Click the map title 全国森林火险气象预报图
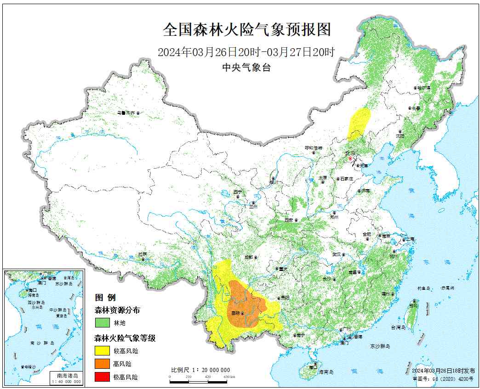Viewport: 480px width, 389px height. pos(247,30)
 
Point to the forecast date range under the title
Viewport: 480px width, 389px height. pos(246,52)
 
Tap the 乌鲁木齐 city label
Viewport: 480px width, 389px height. pos(126,113)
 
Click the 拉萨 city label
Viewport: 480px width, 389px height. pos(143,254)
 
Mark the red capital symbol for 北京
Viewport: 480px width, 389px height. pos(350,158)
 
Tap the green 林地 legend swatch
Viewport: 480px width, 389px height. pos(102,323)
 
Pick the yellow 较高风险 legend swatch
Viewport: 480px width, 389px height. pos(102,351)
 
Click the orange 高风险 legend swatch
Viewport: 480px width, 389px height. pos(102,364)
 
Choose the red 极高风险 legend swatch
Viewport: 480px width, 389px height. pos(102,377)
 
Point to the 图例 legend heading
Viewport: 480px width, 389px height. pos(105,297)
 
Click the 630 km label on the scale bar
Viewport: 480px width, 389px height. pos(229,377)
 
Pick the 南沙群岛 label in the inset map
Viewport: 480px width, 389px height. pos(42,343)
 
